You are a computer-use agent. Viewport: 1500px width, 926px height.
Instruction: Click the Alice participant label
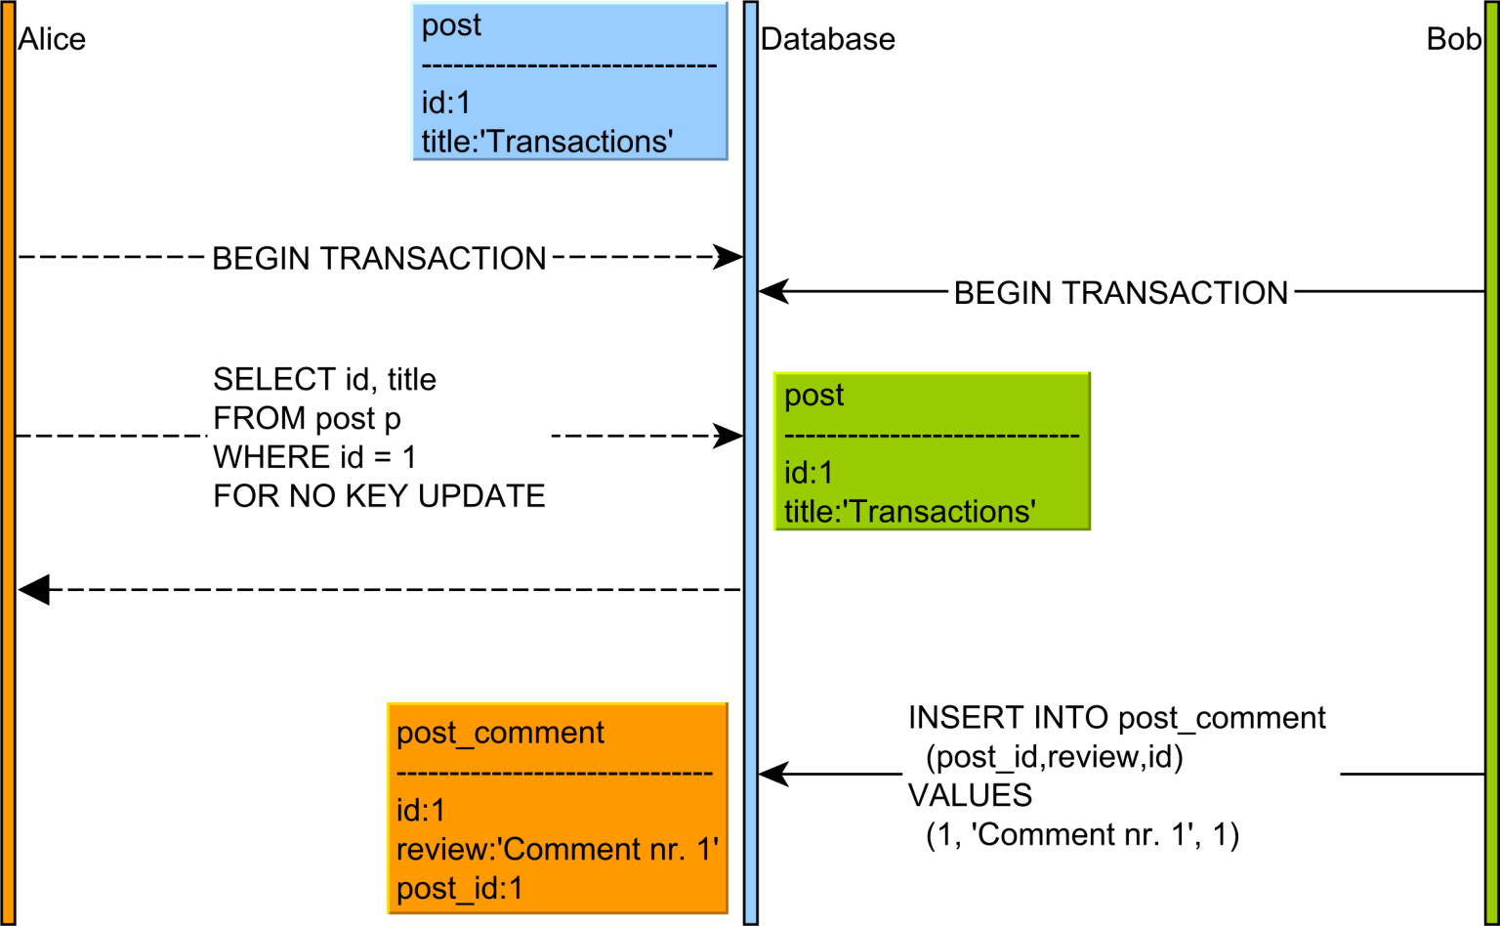pos(52,39)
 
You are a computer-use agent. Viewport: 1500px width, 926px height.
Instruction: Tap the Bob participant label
pos(1453,39)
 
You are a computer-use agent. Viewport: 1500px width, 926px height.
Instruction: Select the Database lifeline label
pos(827,39)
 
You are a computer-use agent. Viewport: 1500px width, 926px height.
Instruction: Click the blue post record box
pos(569,81)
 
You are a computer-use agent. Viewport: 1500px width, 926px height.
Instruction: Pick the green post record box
pos(931,451)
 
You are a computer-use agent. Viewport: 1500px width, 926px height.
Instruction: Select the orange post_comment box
pos(557,809)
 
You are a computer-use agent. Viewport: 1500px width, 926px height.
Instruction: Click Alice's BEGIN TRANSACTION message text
pos(379,259)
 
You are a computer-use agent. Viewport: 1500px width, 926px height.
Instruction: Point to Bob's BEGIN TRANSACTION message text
pos(1120,293)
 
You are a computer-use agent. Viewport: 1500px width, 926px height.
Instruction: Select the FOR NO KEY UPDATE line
pos(379,496)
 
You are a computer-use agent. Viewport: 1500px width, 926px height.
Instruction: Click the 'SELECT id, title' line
pos(324,379)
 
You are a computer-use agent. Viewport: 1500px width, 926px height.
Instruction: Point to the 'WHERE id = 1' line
pos(314,457)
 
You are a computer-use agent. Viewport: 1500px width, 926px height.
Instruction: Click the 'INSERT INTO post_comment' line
pos(1116,718)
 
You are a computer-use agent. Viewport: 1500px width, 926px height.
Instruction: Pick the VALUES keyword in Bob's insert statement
pos(970,796)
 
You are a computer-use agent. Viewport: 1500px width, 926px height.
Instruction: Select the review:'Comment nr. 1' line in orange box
pos(557,850)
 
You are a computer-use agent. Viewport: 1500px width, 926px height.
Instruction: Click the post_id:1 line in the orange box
pos(459,889)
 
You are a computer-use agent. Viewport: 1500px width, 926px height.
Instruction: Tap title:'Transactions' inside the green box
pos(909,512)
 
